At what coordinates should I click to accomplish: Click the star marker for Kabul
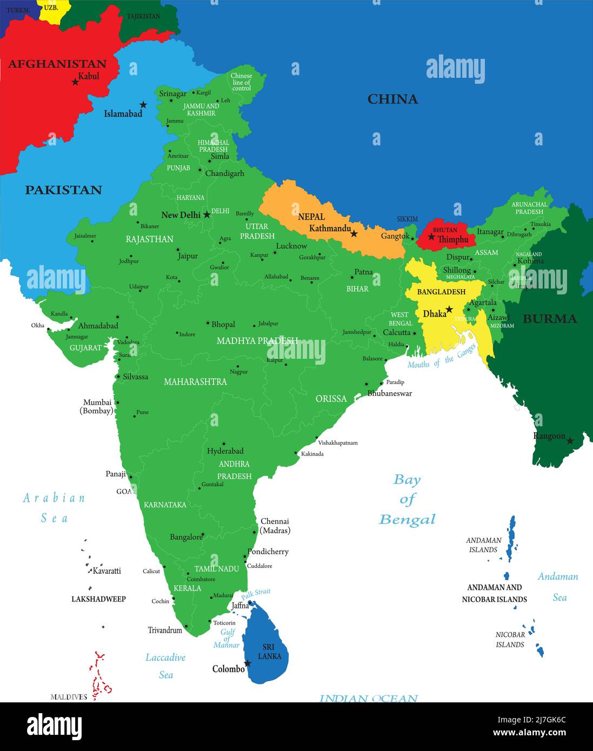pos(75,82)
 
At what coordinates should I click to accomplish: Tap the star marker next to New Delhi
pos(206,214)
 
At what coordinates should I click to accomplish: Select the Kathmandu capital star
pos(354,234)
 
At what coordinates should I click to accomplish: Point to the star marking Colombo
pos(248,663)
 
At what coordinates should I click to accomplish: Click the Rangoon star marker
pos(570,441)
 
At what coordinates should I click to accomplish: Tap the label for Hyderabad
pos(225,451)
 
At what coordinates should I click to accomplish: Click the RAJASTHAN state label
pos(149,239)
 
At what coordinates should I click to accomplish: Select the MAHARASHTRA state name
pos(195,381)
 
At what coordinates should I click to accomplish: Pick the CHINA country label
pos(392,99)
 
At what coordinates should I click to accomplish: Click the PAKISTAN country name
pos(63,190)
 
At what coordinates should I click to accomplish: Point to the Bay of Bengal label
pos(407,499)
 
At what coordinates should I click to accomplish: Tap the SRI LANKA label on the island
pos(269,652)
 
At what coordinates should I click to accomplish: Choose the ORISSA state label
pos(331,399)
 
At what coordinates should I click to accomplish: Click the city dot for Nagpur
pos(238,365)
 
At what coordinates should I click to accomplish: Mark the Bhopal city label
pos(223,324)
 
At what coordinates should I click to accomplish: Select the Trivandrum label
pos(165,630)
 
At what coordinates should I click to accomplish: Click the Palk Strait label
pos(256,594)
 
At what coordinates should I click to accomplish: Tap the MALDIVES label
pos(69,697)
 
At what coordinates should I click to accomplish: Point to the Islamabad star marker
pos(143,104)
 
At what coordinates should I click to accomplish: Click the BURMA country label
pos(549,319)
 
